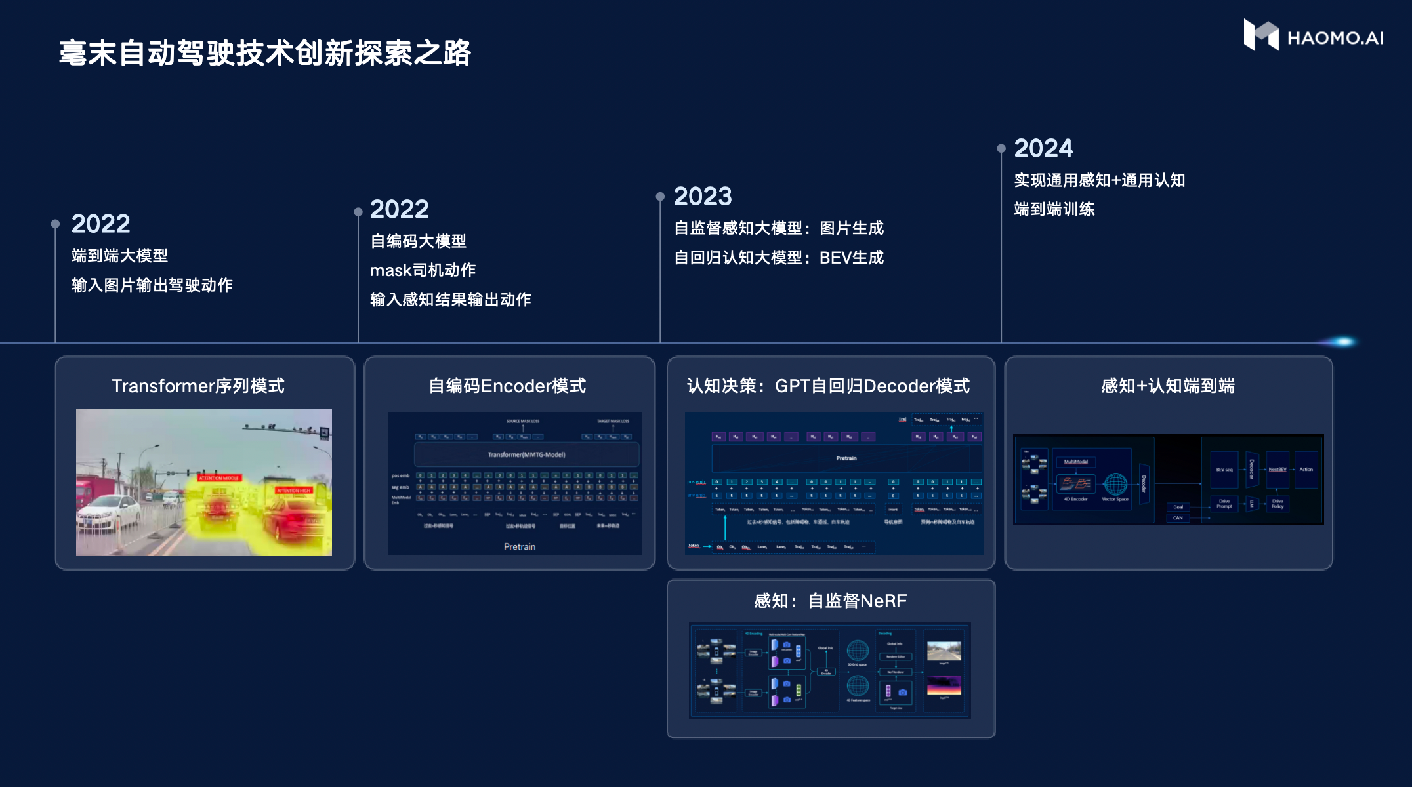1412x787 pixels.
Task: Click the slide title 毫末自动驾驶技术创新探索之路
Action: click(x=265, y=53)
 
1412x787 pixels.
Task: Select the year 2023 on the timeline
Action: click(x=703, y=196)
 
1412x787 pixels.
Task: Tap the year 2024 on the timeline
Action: click(x=1043, y=148)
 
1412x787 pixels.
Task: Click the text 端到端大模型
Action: click(x=120, y=256)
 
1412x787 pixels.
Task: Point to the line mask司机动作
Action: click(x=423, y=270)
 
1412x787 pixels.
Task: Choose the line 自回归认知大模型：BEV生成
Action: click(x=779, y=258)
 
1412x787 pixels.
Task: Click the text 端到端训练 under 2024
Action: click(x=1054, y=209)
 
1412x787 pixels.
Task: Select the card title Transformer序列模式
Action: click(x=198, y=386)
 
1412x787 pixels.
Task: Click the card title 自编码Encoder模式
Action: click(x=507, y=386)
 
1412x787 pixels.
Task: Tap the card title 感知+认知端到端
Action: click(x=1168, y=386)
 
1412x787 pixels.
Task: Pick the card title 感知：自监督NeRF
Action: click(x=831, y=601)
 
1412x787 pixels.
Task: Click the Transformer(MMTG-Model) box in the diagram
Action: click(x=526, y=454)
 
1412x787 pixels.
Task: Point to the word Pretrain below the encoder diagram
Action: click(x=520, y=546)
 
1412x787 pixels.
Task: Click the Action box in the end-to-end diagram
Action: click(x=1306, y=470)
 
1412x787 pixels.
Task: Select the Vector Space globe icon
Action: click(x=1115, y=485)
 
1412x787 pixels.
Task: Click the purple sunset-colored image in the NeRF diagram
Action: click(x=944, y=686)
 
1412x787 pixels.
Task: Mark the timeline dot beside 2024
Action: click(x=1001, y=149)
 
